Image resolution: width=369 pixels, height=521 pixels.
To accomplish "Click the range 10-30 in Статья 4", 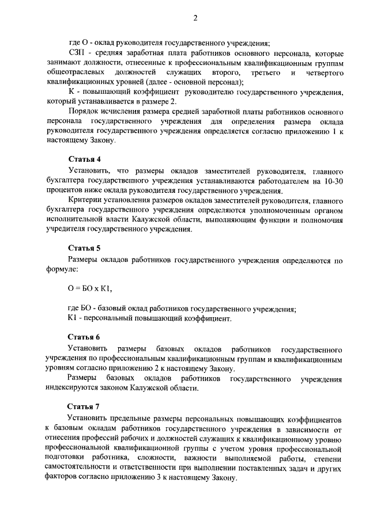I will coord(332,181).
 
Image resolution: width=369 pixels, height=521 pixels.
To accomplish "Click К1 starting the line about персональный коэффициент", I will coord(73,318).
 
